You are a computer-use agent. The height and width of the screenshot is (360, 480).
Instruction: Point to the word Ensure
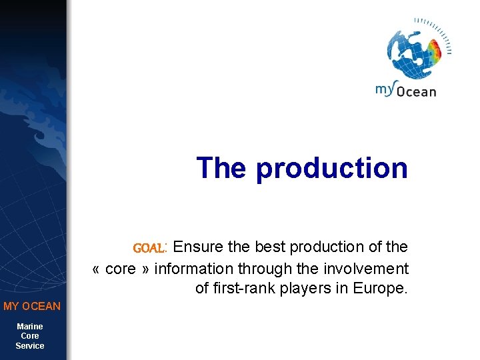199,247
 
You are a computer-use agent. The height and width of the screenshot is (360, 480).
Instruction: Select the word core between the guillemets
121,269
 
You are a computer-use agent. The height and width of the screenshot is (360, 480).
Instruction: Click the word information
194,269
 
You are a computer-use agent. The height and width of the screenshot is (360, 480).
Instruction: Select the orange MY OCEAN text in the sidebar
32,307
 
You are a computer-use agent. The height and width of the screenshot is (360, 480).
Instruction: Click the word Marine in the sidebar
30,326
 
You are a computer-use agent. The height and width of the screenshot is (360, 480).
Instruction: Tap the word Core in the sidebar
30,336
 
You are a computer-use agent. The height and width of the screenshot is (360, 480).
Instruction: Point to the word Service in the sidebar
30,346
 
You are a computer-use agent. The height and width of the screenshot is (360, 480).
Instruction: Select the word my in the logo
385,89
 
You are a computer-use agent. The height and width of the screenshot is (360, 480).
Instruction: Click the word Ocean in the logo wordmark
417,91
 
